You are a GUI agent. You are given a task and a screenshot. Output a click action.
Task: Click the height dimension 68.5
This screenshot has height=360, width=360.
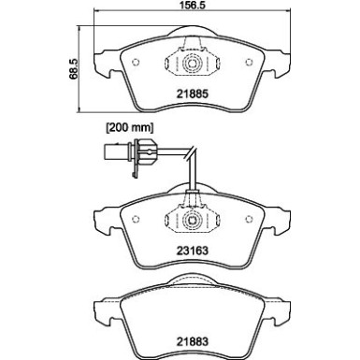67,70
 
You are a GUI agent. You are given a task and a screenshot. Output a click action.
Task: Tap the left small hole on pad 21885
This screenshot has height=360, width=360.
137,63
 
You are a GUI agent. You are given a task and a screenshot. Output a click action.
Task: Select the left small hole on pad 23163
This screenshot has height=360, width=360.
137,219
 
